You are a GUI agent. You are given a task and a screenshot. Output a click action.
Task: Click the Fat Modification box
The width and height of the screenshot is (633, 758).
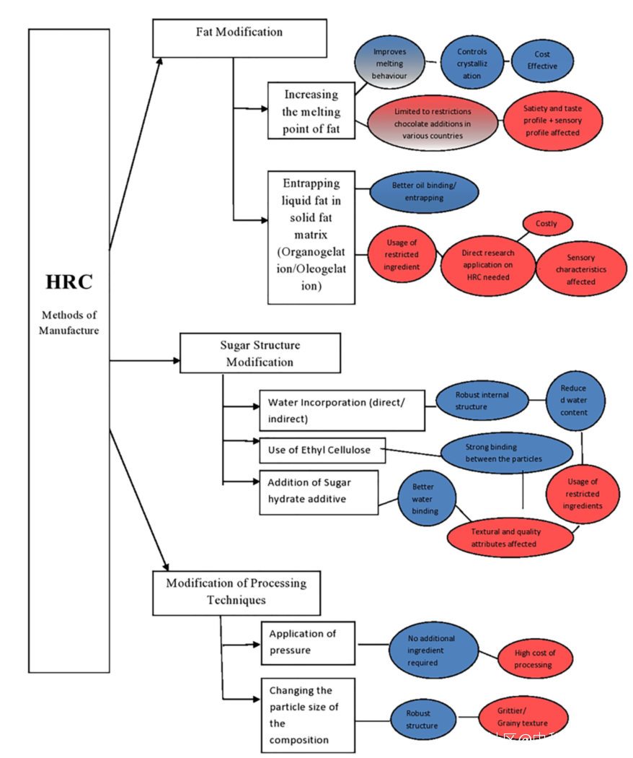point(239,38)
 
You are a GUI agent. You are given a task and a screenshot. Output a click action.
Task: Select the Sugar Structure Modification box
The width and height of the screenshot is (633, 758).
point(260,353)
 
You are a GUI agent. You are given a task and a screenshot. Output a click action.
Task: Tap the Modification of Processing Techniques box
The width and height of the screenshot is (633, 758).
point(236,592)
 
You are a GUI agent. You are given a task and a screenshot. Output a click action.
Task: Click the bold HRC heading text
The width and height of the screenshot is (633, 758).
point(69,282)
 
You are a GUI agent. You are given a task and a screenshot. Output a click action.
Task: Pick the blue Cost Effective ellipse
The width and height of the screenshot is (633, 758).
point(542,61)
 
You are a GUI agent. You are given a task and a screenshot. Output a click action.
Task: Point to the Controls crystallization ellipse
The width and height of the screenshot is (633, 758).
point(472,64)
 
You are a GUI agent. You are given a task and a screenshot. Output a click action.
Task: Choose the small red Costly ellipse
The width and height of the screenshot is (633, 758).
point(546,224)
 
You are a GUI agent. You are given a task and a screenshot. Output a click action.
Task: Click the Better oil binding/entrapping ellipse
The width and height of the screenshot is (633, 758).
point(423,191)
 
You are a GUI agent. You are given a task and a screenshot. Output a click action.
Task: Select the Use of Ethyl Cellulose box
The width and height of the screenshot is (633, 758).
point(322,450)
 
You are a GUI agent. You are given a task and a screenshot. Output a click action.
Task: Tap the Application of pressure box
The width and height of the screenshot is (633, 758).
point(308,642)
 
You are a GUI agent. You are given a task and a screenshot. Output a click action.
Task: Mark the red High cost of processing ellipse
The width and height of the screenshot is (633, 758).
point(534,658)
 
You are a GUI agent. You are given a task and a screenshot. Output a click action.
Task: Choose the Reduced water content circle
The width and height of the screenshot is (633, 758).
point(574,401)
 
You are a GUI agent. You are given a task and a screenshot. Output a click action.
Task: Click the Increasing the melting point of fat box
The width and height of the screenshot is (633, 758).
point(311,111)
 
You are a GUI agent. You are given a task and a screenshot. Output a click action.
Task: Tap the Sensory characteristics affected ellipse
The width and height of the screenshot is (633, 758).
point(580,269)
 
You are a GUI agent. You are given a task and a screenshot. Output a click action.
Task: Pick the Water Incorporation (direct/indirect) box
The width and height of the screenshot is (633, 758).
point(341,410)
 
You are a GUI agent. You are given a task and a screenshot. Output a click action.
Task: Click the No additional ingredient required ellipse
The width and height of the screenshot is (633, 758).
point(431,650)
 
